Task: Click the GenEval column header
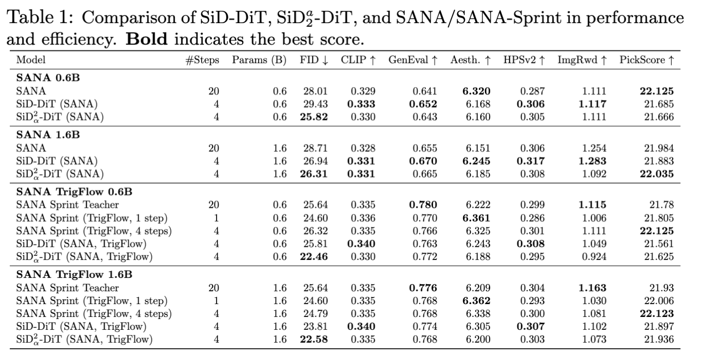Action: click(x=413, y=60)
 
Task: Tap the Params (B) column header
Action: click(x=259, y=60)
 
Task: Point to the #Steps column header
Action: click(x=202, y=60)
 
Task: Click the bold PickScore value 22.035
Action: click(x=657, y=174)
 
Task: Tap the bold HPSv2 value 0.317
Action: click(x=531, y=161)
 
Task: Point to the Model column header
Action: click(x=31, y=60)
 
